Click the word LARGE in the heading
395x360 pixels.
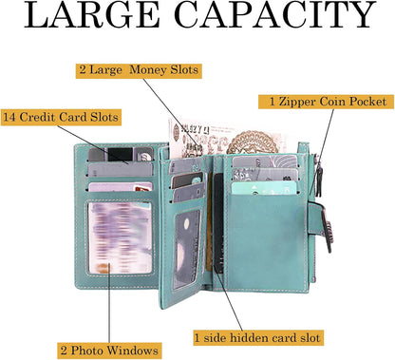[x=92, y=14]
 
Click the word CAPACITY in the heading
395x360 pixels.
[x=275, y=14]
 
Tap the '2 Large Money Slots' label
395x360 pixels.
[x=139, y=70]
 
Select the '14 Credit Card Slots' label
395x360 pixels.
[x=61, y=117]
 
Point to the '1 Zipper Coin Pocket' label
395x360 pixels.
[x=327, y=102]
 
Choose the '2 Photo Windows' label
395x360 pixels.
[x=109, y=351]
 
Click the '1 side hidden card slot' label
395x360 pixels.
[x=258, y=337]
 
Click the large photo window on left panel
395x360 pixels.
[x=120, y=237]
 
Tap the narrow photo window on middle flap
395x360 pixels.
[x=187, y=249]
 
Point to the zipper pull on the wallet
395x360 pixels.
[x=320, y=179]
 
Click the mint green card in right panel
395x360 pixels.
[x=264, y=187]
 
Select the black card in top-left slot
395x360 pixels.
[x=120, y=155]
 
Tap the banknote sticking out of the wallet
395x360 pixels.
[x=225, y=139]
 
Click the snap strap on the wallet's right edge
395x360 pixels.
[x=321, y=225]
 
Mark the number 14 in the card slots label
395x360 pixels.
[x=9, y=117]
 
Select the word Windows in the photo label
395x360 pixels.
[x=132, y=351]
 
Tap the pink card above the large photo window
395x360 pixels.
[x=121, y=187]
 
